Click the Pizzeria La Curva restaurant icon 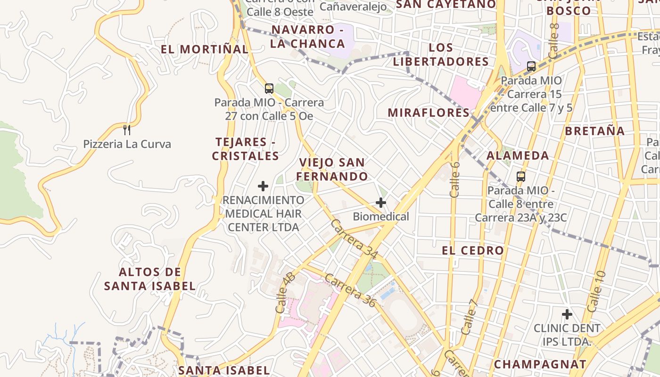tap(126, 130)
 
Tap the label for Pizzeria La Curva tap(127, 144)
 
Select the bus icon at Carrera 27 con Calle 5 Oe tap(269, 88)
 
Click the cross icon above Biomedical tap(381, 203)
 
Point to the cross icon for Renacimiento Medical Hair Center tap(263, 186)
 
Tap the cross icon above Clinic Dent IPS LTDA tap(567, 314)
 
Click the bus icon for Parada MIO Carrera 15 tap(531, 66)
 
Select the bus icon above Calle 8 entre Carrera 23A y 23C tap(520, 177)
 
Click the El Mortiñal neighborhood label tap(204, 49)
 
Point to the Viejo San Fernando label tap(332, 170)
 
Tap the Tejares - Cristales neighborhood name tap(245, 149)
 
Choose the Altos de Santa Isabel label tap(150, 279)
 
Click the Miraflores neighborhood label tap(429, 113)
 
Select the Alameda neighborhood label tap(518, 156)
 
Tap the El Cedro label tap(473, 251)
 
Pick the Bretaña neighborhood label tap(595, 131)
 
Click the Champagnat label tap(540, 364)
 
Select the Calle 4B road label tap(285, 293)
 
